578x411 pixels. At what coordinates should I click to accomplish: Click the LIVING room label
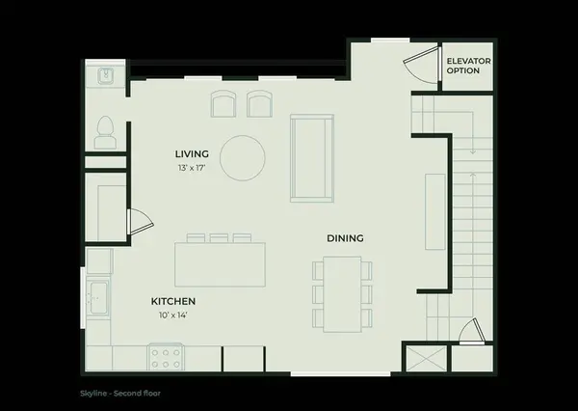[x=192, y=154]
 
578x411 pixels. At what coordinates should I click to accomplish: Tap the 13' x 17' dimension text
[x=192, y=168]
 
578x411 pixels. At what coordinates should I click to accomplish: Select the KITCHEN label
[x=173, y=301]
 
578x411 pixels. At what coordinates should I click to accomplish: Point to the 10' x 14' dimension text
[x=173, y=315]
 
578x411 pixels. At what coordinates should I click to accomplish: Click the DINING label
[x=346, y=238]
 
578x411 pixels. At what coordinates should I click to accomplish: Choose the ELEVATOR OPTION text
[x=468, y=66]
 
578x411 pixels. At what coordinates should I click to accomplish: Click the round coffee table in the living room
[x=242, y=158]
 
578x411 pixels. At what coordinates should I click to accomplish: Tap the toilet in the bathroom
[x=105, y=132]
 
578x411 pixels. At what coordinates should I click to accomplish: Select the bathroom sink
[x=107, y=75]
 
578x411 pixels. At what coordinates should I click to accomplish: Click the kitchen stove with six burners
[x=166, y=357]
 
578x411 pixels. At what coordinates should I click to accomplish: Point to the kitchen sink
[x=98, y=297]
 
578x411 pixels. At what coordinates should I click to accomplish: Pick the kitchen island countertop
[x=220, y=264]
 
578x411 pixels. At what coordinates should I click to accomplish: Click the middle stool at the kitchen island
[x=219, y=238]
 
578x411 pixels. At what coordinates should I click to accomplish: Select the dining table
[x=342, y=294]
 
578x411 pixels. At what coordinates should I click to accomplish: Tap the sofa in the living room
[x=312, y=158]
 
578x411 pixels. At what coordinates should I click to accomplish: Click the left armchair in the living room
[x=223, y=104]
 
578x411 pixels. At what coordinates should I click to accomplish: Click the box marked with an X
[x=427, y=359]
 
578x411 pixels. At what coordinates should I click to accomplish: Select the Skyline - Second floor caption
[x=120, y=394]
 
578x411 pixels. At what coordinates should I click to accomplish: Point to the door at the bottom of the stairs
[x=472, y=332]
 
